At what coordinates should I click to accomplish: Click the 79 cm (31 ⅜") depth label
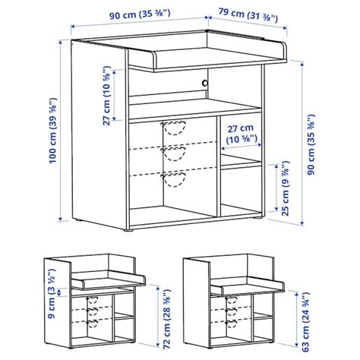coord(248,15)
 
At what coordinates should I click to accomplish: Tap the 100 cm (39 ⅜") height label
coord(53,131)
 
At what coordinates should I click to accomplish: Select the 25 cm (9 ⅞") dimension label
coord(286,188)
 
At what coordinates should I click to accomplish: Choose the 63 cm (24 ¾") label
coord(306,321)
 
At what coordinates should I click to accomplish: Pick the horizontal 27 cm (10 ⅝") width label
coord(242,134)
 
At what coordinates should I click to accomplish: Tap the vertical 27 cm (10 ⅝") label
coord(107,96)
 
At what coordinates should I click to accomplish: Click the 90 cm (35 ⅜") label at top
coord(140,14)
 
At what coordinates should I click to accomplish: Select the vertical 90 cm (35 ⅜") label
coord(311,144)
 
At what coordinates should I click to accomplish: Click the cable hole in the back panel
coord(204,83)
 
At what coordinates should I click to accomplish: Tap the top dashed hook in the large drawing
coord(174,128)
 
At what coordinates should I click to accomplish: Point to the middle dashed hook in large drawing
coord(174,153)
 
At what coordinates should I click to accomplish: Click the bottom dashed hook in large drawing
coord(174,180)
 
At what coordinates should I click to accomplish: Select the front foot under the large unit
coord(128,230)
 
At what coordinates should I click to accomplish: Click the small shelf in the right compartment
coord(241,162)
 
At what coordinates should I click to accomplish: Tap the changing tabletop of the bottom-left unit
coord(109,280)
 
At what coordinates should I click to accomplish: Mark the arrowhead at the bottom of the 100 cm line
coord(60,219)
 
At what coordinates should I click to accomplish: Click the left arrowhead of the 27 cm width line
coord(223,148)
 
